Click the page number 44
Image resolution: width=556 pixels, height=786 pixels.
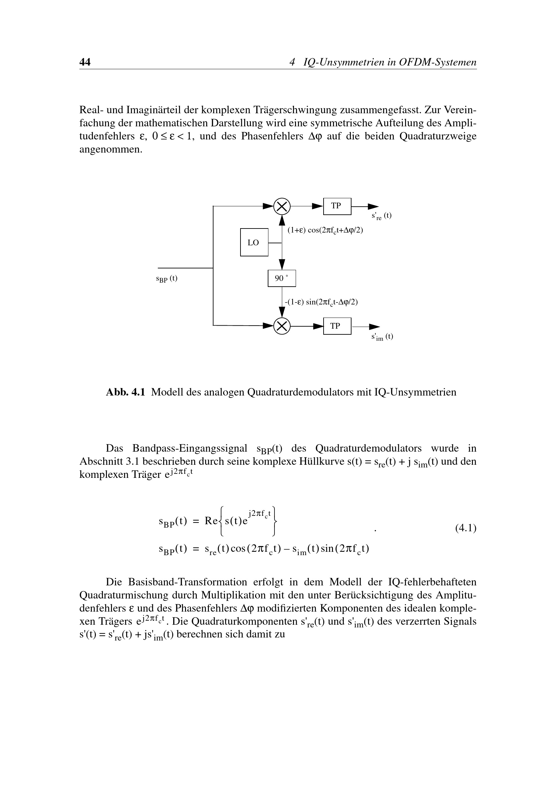[85, 62]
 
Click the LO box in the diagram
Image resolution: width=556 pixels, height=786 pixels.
[254, 242]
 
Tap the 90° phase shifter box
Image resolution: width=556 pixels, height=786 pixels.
[281, 278]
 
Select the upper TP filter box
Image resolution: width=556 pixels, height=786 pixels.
[337, 206]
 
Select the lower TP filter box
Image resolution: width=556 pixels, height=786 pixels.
[337, 326]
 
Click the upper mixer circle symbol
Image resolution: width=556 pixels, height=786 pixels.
[282, 206]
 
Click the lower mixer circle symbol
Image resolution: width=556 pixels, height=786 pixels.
[282, 326]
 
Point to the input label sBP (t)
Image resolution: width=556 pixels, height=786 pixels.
[166, 279]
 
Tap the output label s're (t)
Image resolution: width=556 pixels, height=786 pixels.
[381, 216]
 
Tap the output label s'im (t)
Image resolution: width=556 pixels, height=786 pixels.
[382, 337]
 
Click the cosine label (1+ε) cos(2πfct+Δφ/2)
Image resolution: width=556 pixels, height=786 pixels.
[325, 231]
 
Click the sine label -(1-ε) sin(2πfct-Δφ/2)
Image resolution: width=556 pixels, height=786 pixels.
[321, 302]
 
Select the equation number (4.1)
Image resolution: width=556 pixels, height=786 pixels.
[466, 528]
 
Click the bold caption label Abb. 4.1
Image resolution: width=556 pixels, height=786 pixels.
[125, 392]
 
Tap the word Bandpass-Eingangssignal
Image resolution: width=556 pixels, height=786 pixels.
[190, 448]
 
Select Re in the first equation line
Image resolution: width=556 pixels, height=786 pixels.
[211, 521]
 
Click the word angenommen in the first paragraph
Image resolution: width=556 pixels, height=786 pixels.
[110, 150]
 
